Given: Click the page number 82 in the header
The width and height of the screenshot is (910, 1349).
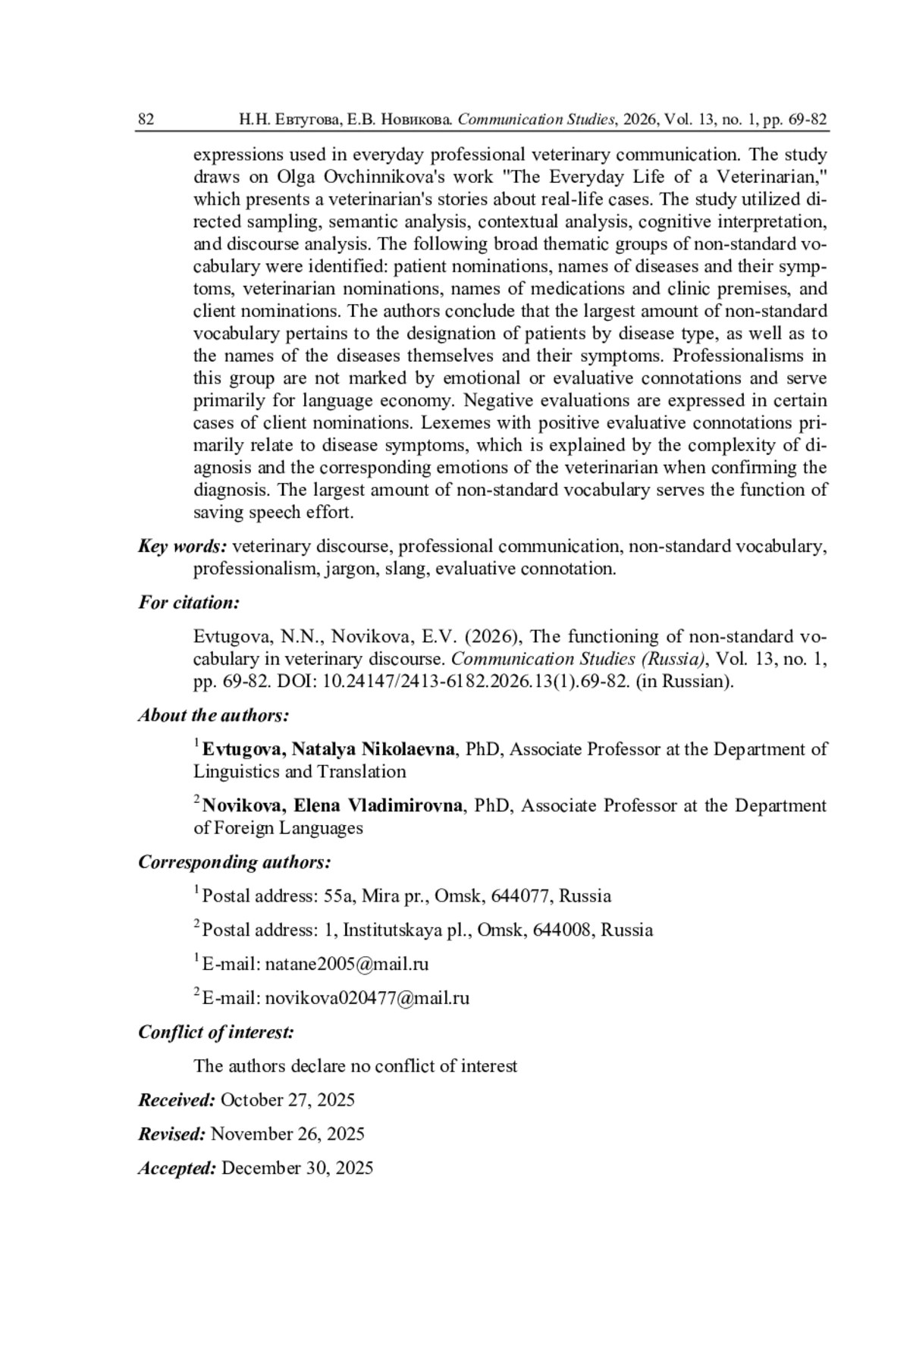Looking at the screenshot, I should (146, 119).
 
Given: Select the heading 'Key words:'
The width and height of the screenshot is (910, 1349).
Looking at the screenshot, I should (182, 546).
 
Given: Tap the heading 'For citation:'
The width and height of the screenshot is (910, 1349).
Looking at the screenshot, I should (189, 603).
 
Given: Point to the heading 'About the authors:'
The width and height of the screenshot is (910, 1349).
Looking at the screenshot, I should (213, 715).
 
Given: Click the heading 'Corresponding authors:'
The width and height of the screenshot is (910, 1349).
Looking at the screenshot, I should (234, 862).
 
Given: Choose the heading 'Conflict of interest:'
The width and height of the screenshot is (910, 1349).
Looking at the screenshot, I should (216, 1032).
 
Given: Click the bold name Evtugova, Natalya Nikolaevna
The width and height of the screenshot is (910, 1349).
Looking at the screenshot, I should (328, 749).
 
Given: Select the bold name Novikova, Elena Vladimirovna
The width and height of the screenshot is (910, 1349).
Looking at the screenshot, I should (332, 805).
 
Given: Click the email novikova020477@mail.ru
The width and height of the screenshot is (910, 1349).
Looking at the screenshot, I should (367, 998).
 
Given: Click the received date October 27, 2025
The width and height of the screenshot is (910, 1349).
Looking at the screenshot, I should (287, 1100).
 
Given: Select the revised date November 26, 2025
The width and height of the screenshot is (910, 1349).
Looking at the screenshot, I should (287, 1134).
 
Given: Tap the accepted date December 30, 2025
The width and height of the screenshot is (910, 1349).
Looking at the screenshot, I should (297, 1168).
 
